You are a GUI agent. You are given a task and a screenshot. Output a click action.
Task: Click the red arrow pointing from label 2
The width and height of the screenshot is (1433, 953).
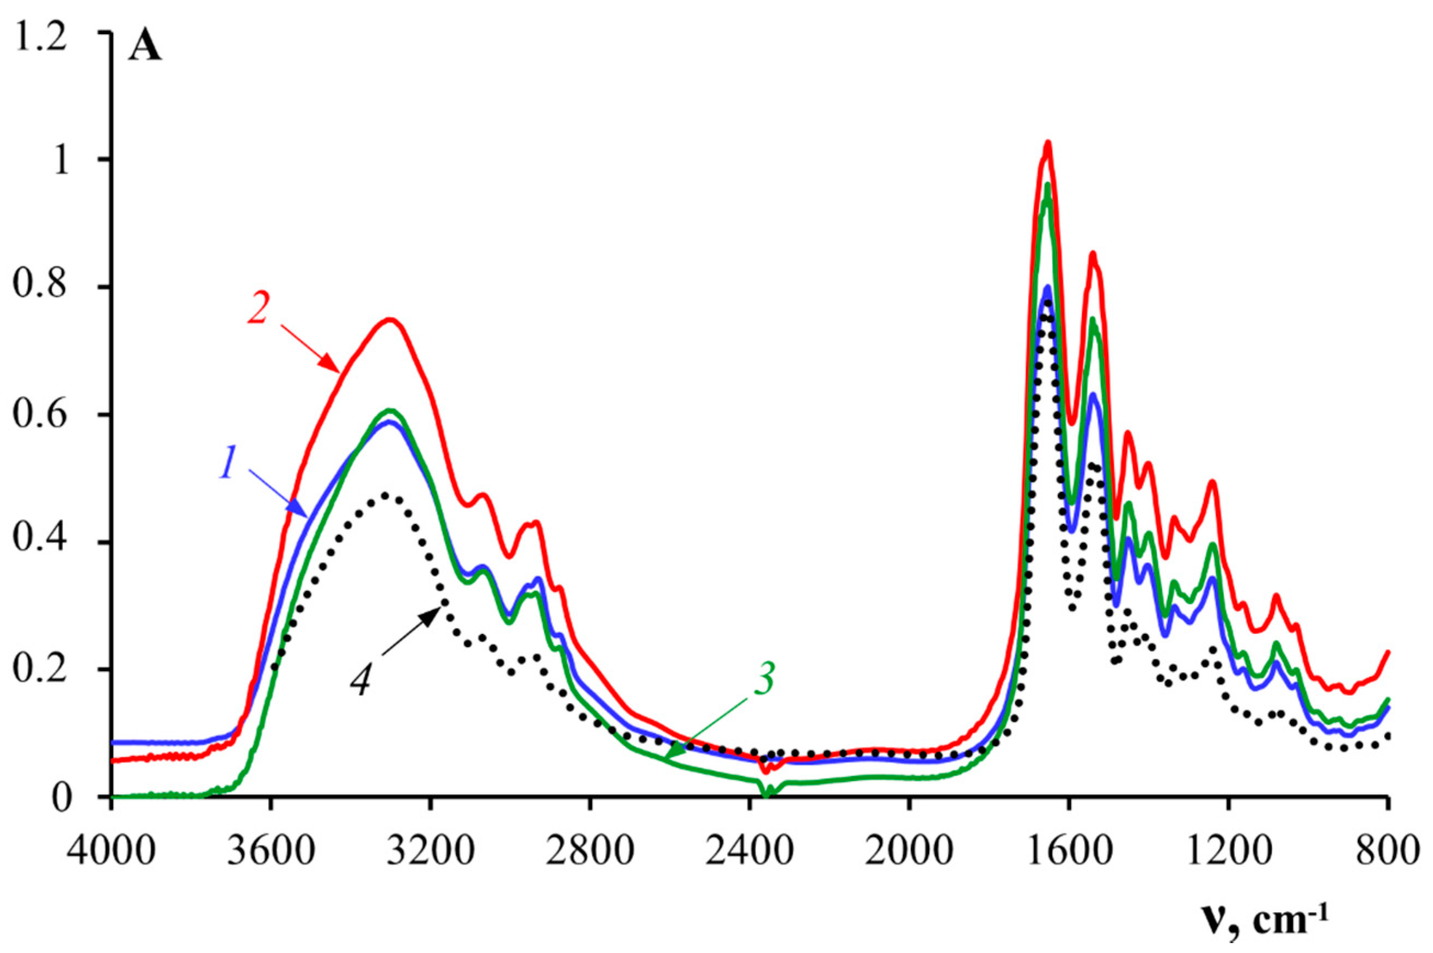[x=311, y=348]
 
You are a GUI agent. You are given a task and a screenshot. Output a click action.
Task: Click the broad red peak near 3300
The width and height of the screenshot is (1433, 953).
[x=389, y=320]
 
